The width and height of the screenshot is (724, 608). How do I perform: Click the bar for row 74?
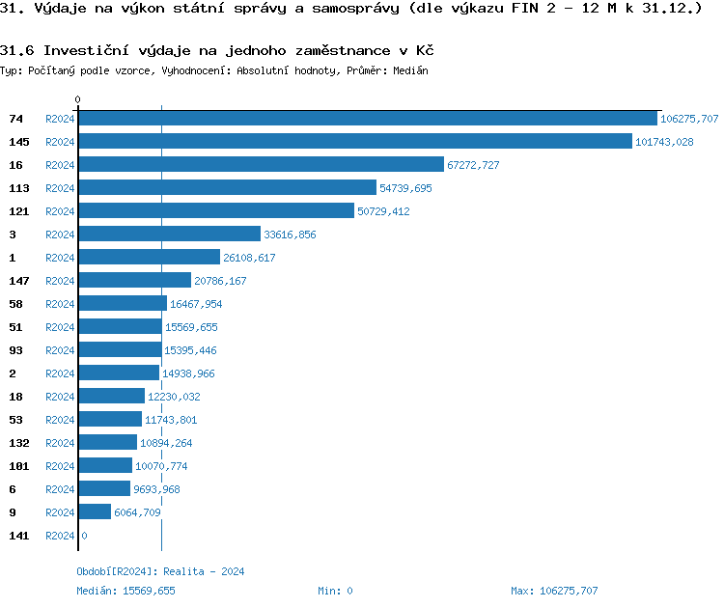367,119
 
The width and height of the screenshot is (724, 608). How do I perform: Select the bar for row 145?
354,142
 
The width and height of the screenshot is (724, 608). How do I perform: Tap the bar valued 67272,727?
261,165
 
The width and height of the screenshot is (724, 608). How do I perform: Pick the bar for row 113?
227,188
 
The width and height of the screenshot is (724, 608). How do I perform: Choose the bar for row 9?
95,512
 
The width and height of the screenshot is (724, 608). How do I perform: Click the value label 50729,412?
383,211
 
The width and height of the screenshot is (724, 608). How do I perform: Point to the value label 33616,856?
290,235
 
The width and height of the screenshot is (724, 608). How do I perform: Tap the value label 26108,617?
249,258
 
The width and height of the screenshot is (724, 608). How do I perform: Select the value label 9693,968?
156,489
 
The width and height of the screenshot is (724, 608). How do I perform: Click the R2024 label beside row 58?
60,304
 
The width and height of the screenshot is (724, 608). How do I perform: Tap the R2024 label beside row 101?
60,466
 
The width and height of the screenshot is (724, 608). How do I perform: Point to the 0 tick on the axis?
78,99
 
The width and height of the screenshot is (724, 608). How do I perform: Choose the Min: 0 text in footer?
335,591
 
